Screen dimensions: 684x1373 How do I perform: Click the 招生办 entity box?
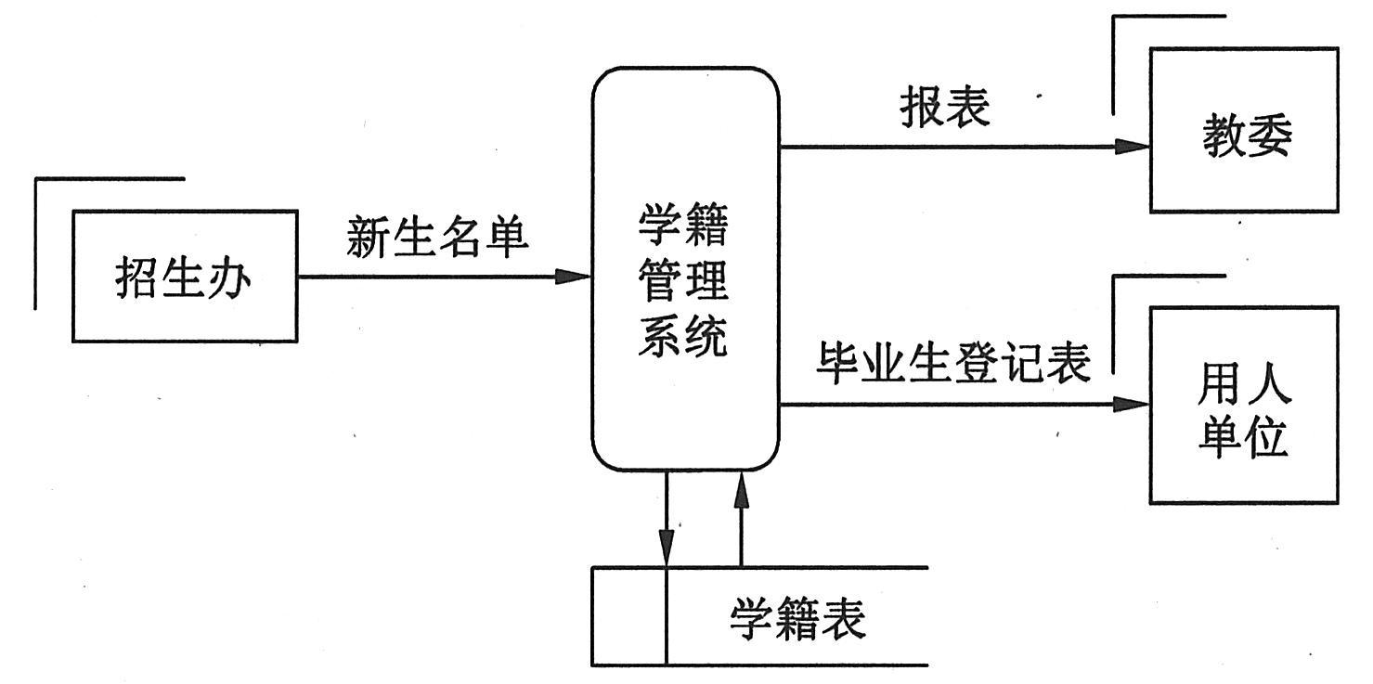[x=185, y=277]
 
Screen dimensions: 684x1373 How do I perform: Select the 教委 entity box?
[x=1244, y=130]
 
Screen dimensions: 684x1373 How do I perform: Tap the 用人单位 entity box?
[x=1244, y=406]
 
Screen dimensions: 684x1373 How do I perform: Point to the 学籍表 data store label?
[x=797, y=618]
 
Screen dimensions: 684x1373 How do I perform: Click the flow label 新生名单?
[x=437, y=237]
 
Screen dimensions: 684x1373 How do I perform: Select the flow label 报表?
[x=944, y=108]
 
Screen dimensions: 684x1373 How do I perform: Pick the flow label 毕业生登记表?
[x=952, y=363]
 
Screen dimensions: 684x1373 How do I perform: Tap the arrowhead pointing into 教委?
[x=1134, y=146]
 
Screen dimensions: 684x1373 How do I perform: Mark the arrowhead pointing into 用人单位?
[x=1134, y=404]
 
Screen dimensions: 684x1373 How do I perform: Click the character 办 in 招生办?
[x=229, y=277]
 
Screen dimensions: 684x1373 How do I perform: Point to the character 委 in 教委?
[x=1268, y=136]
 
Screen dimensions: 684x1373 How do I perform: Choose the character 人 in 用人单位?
[x=1268, y=382]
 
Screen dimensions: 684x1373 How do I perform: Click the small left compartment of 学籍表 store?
[x=629, y=616]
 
